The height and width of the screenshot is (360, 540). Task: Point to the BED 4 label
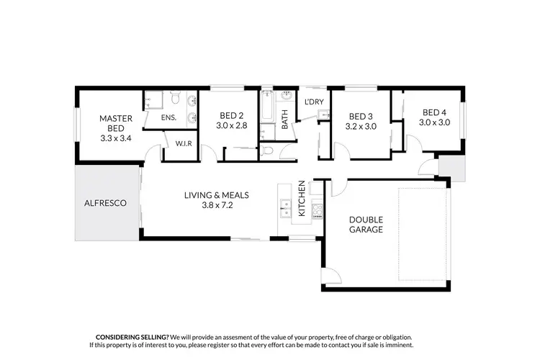[x=434, y=112]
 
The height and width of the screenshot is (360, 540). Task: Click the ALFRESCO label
[x=106, y=204]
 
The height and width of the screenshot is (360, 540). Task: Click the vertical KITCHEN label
[x=302, y=198]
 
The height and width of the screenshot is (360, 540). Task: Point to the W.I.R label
[x=183, y=144]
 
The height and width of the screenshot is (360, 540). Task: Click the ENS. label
[x=168, y=117]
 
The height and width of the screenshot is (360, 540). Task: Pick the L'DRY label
[x=314, y=102]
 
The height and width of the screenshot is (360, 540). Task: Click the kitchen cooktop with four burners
[x=316, y=210]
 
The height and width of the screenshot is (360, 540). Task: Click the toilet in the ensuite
[x=174, y=96]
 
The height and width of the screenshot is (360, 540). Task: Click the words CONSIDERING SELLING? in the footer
[x=132, y=337]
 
